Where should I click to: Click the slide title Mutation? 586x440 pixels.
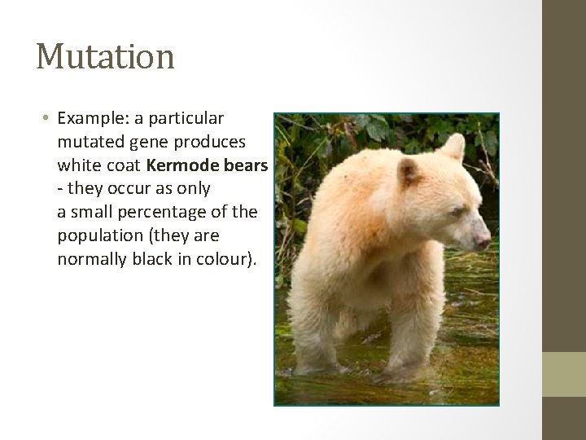click(105, 57)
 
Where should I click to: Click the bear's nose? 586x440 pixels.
click(483, 240)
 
